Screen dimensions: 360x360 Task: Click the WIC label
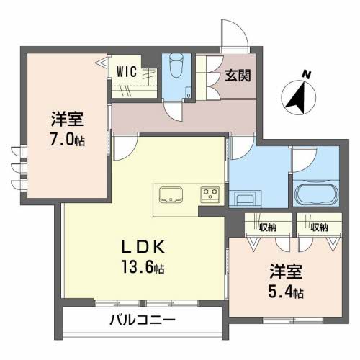[127, 71]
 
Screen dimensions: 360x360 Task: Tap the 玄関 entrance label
[238, 74]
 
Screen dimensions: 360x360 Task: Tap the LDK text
[148, 247]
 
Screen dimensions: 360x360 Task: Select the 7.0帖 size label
[65, 140]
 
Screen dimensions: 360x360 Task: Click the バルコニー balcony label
[143, 320]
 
